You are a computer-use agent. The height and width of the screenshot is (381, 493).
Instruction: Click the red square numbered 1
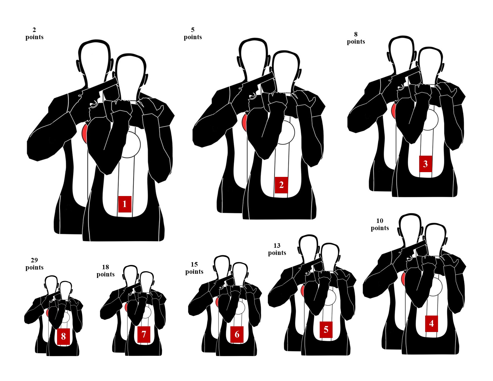coord(125,204)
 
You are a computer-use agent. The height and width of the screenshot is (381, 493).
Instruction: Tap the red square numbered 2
coord(281,185)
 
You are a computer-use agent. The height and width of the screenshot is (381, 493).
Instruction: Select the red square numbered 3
coord(425,164)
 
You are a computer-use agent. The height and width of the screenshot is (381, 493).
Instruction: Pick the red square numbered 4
coord(431,324)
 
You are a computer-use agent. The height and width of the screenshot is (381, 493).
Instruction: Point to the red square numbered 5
coord(326,330)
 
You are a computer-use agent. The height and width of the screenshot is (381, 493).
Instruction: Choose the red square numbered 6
coord(237,334)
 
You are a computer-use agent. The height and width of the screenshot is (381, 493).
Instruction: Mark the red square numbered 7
coord(144,334)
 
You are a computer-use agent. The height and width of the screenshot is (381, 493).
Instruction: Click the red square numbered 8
coord(63,336)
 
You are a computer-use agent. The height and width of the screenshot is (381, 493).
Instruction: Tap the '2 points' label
coord(34,33)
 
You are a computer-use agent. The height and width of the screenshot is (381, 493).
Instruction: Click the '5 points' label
coord(193,33)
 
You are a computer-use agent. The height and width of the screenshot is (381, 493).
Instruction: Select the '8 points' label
coord(356,38)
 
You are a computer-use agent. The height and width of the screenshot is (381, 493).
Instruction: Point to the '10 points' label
coord(379,224)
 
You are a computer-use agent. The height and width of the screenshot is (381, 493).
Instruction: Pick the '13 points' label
coord(277,249)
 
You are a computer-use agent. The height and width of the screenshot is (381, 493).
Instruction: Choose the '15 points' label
coord(194,268)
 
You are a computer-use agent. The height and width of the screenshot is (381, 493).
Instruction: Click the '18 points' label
coord(105,270)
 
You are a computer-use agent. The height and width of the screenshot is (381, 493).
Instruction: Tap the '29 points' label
coord(34,264)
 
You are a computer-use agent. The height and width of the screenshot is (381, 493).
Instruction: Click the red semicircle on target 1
coord(84,134)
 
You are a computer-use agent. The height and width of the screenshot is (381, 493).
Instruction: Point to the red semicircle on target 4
coord(403,279)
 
